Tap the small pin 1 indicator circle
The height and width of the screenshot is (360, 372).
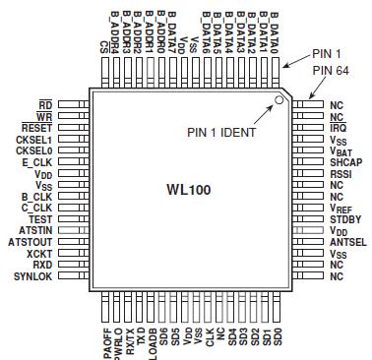point(279,99)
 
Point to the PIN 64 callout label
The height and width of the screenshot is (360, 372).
point(331,71)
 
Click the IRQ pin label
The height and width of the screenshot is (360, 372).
point(338,128)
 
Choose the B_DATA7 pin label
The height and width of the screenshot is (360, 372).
point(170,30)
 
